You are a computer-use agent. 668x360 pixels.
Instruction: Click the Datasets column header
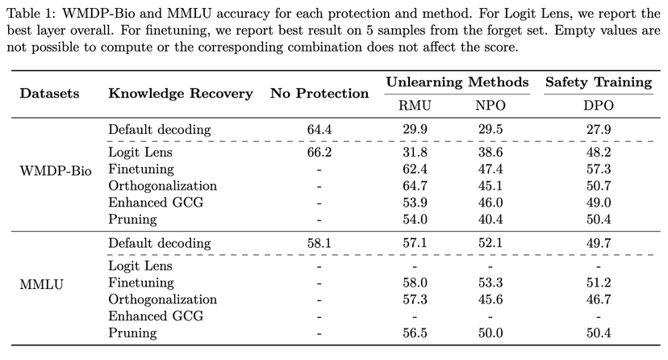coord(49,93)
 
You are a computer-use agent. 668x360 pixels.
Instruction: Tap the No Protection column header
coord(319,93)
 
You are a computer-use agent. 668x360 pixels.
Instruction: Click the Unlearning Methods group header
coord(457,82)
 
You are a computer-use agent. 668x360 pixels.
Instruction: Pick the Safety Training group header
coord(599,82)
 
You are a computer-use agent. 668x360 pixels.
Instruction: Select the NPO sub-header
coord(489,104)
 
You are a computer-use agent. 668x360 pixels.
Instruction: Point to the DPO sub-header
coord(598,104)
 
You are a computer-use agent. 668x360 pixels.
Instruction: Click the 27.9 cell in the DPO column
coord(598,128)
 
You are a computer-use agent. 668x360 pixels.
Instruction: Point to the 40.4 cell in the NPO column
coord(489,219)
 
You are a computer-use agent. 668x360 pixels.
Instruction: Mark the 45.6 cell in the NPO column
coord(489,299)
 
